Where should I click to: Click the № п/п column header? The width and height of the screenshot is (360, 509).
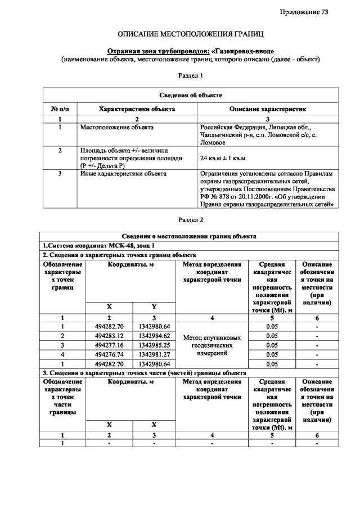coord(60,109)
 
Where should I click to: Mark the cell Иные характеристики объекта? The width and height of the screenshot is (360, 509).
coord(123,174)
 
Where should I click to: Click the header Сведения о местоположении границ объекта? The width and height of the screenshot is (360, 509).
coord(190,236)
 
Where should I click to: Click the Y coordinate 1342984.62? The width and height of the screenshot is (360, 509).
coord(154,336)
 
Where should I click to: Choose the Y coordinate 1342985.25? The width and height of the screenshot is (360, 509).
coord(154,345)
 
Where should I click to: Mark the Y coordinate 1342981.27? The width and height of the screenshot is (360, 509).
coord(154,354)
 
